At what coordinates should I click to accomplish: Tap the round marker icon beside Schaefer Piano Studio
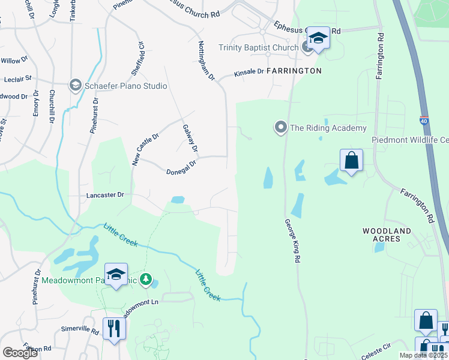coord(76,86)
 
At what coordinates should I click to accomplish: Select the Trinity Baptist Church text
coord(258,47)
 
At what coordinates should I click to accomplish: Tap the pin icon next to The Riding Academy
coord(280,127)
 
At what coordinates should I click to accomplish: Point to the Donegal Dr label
coord(181,167)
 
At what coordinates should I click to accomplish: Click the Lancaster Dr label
coord(104,195)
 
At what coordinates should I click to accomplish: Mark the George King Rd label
coord(293,240)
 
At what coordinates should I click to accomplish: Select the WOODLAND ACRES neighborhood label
coord(387,235)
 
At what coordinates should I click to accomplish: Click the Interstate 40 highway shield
coord(424,120)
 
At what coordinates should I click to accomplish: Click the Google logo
coord(20,353)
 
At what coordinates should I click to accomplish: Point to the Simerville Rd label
coord(79,330)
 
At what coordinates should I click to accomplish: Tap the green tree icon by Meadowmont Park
coord(145,279)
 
